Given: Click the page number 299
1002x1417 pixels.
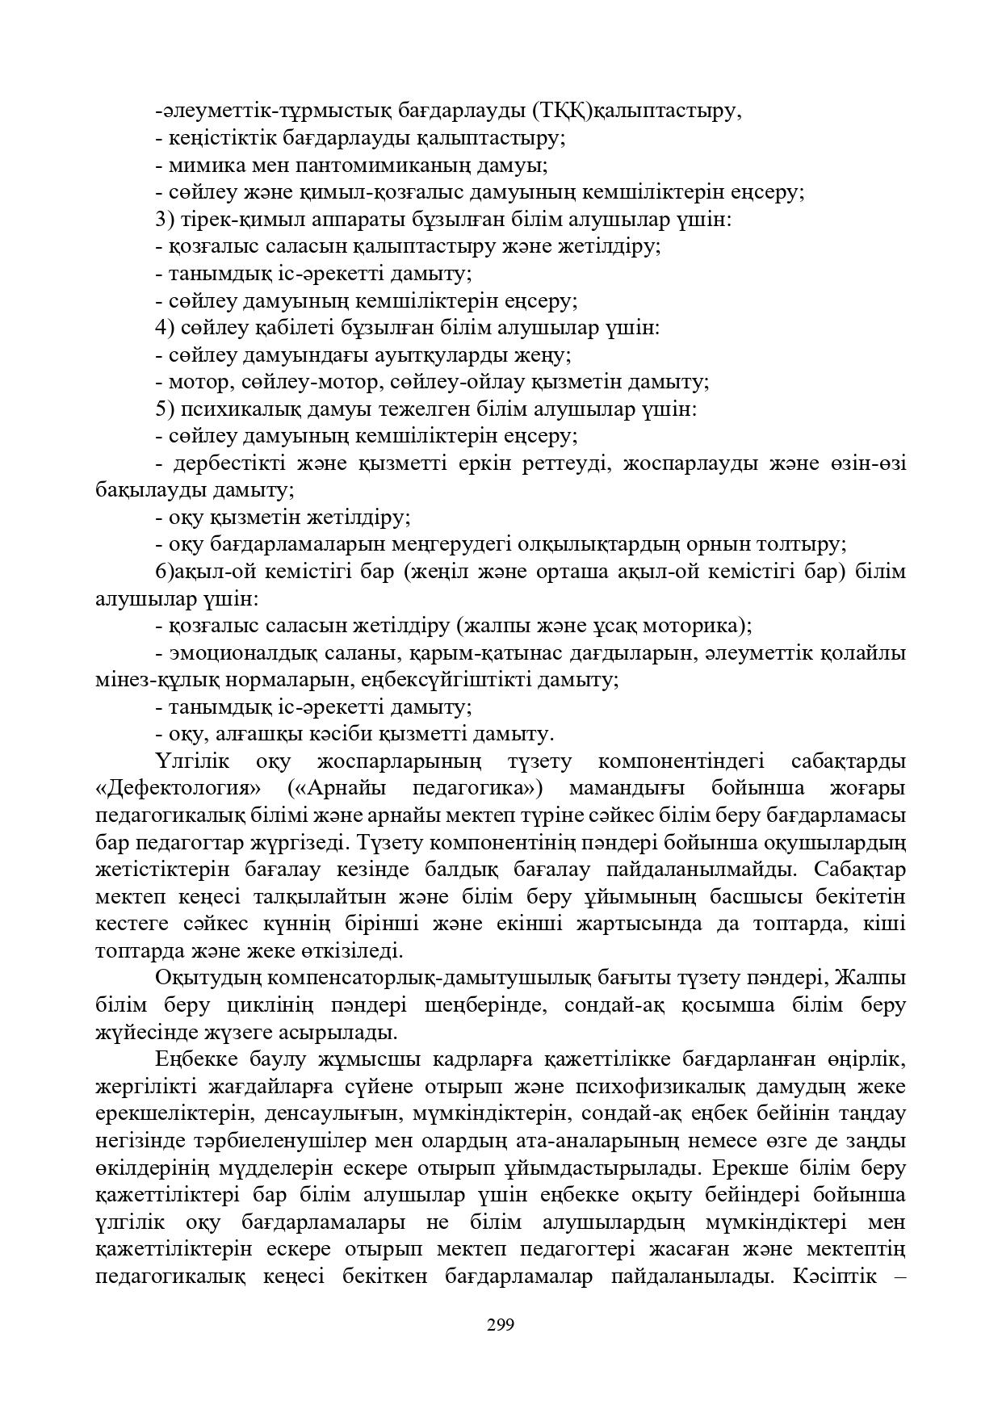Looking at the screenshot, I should tap(501, 1324).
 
